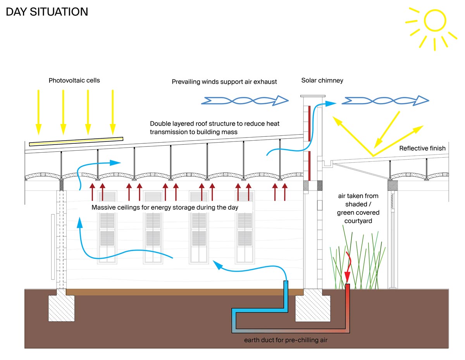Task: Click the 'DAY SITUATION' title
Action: coord(47,12)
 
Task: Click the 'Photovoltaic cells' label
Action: coord(74,81)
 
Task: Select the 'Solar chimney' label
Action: coord(322,81)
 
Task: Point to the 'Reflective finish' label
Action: coord(422,148)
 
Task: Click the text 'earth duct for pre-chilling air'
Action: coord(286,340)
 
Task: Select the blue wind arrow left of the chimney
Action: coord(245,101)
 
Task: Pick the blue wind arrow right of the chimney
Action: coord(385,101)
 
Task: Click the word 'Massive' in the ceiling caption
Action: coord(103,208)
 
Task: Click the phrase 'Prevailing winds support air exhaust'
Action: coord(224,82)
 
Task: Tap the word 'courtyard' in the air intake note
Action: coord(358,221)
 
